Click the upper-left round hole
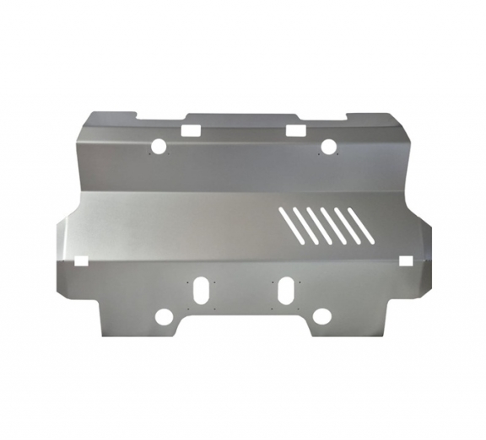pyautogui.click(x=158, y=147)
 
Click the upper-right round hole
pyautogui.click(x=328, y=147)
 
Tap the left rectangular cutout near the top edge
pyautogui.click(x=190, y=131)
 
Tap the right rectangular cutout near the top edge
pyautogui.click(x=295, y=130)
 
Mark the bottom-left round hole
pyautogui.click(x=164, y=317)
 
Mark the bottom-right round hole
pyautogui.click(x=321, y=317)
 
